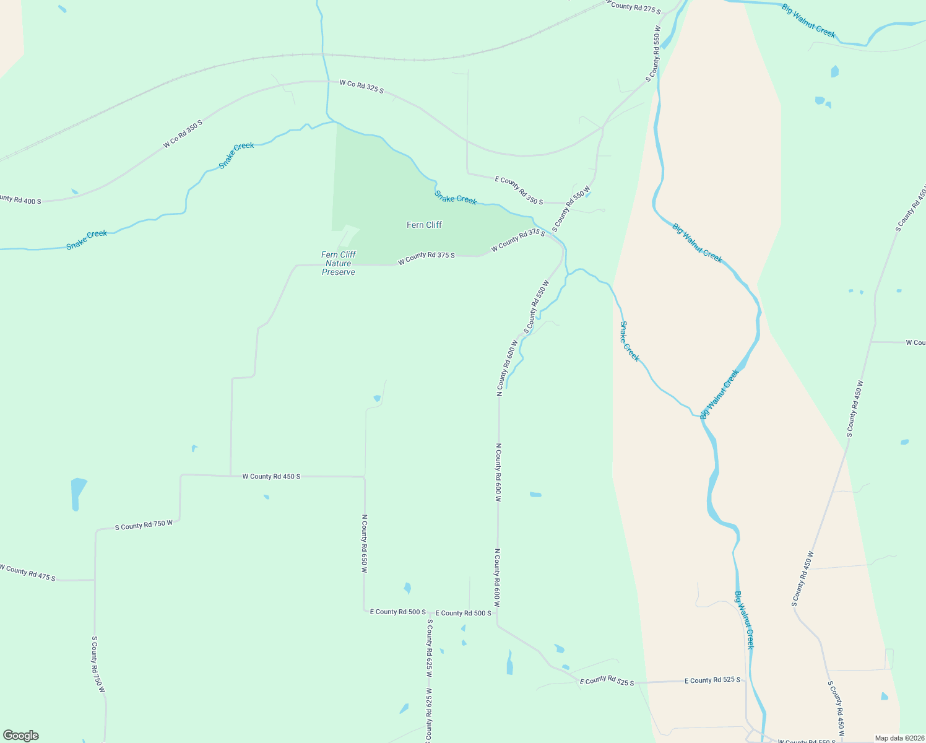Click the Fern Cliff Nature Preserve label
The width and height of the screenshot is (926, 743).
pyautogui.click(x=339, y=263)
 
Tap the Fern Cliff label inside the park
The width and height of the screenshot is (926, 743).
pyautogui.click(x=424, y=225)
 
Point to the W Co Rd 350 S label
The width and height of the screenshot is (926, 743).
pyautogui.click(x=183, y=134)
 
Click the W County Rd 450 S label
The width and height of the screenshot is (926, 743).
pyautogui.click(x=271, y=476)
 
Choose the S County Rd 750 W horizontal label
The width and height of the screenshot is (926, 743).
pyautogui.click(x=144, y=525)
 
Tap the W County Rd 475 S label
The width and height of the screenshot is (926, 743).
pyautogui.click(x=28, y=573)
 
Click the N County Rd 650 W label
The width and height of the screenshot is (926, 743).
pyautogui.click(x=365, y=544)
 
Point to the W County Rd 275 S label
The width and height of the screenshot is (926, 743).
pyautogui.click(x=634, y=7)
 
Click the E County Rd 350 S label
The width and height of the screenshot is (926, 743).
pyautogui.click(x=519, y=190)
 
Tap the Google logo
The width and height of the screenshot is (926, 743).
pyautogui.click(x=21, y=736)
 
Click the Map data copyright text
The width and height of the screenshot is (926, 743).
pyautogui.click(x=899, y=738)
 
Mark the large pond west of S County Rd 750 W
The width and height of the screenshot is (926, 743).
pyautogui.click(x=78, y=492)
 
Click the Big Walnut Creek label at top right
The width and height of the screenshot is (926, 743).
pyautogui.click(x=809, y=21)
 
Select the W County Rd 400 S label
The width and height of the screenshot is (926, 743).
pyautogui.click(x=20, y=199)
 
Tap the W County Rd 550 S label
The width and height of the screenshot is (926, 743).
pyautogui.click(x=807, y=741)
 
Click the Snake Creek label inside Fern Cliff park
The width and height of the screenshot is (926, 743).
pyautogui.click(x=456, y=198)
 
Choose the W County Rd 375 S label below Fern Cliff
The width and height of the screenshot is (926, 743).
pyautogui.click(x=426, y=255)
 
